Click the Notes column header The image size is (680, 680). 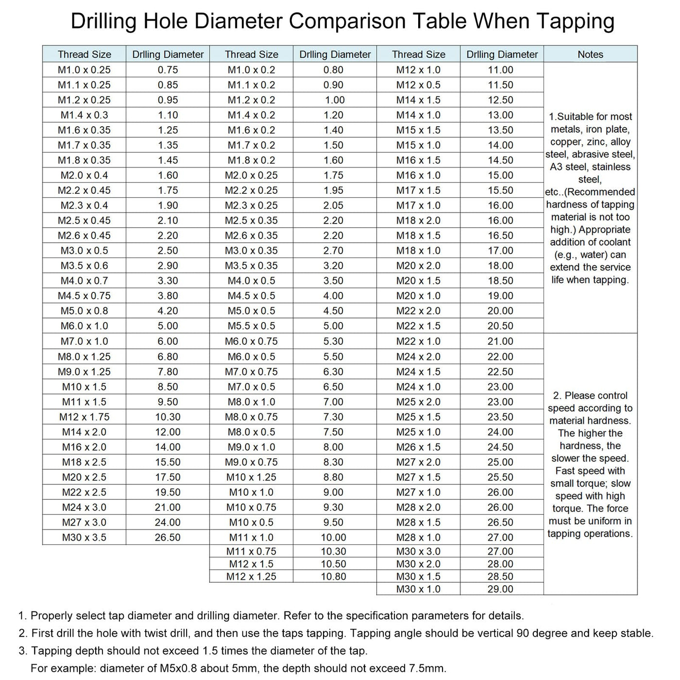point(590,54)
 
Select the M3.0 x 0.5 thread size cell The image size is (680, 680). point(84,251)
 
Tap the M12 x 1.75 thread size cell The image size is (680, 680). point(84,417)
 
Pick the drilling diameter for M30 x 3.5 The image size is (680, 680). point(168,537)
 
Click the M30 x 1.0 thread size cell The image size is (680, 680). point(418,589)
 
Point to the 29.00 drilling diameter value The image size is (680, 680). point(500,589)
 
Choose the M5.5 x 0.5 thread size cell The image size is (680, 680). point(251,326)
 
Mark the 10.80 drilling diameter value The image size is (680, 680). point(333,577)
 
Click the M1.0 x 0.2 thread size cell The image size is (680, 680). point(251,69)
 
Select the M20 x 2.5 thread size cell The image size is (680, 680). point(84,477)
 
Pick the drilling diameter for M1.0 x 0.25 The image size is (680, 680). point(168,69)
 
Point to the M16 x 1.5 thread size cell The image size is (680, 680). point(418,160)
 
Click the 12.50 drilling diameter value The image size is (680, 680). point(500,100)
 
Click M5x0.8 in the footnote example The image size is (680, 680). point(180,668)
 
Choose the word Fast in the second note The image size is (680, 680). point(566,471)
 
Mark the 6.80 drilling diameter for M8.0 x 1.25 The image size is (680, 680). point(168,357)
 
